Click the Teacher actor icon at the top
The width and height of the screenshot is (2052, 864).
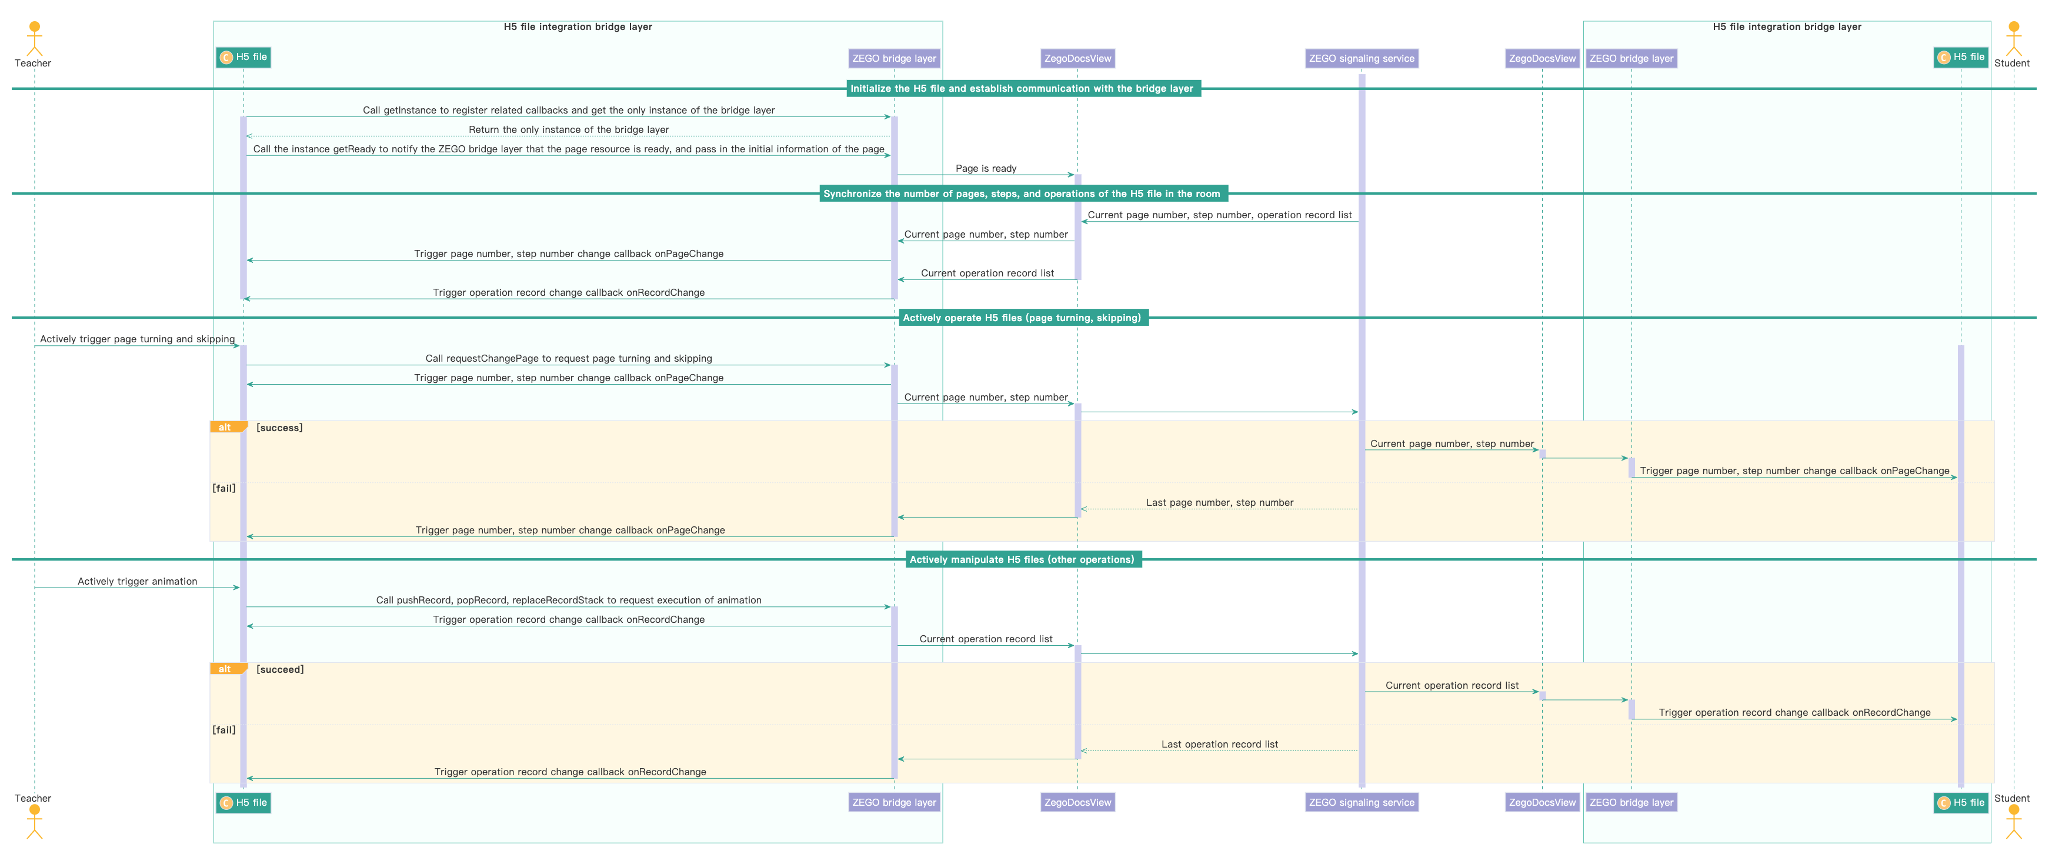pos(34,38)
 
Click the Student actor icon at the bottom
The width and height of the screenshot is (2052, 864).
pos(2014,822)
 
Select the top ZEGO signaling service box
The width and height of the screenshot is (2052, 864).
pos(1362,58)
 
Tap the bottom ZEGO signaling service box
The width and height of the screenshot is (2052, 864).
pos(1362,802)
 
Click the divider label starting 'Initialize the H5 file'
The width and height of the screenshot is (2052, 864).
pos(1022,88)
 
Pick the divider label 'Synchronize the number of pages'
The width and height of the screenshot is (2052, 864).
pos(1022,194)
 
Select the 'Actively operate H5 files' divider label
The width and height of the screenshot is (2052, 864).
pos(1022,318)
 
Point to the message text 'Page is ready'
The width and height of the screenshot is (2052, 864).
pos(985,168)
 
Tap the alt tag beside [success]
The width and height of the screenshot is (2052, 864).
pos(225,428)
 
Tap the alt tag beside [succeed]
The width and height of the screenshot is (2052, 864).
pos(225,669)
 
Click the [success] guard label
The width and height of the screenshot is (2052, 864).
pos(279,428)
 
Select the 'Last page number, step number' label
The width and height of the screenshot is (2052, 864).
pos(1219,502)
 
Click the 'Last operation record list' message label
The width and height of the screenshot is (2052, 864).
pos(1219,744)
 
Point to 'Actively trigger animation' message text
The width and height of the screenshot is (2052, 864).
pos(137,581)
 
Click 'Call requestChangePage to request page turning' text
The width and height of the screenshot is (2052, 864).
pos(568,358)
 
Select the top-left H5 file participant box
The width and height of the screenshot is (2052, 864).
pos(243,57)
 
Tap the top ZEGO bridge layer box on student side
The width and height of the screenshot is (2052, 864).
pos(1631,58)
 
